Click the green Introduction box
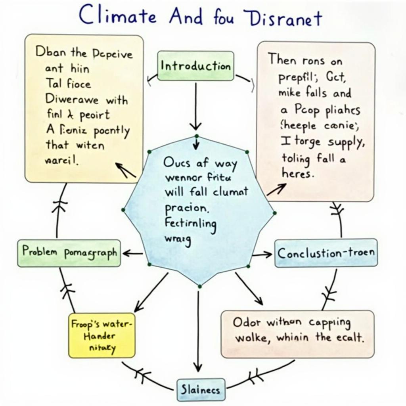pyautogui.click(x=195, y=66)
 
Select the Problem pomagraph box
pyautogui.click(x=69, y=253)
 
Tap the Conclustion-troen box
pyautogui.click(x=326, y=253)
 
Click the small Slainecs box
pyautogui.click(x=200, y=389)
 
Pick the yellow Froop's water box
pyautogui.click(x=102, y=335)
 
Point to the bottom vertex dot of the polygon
pyautogui.click(x=200, y=286)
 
